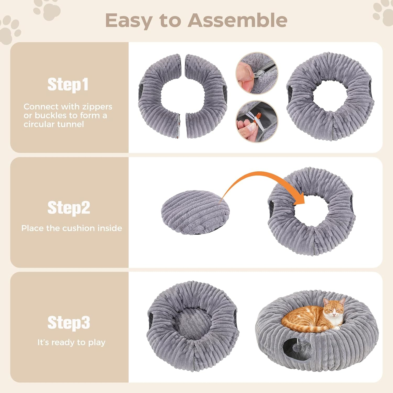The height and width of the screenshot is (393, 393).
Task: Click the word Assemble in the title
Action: coord(237,20)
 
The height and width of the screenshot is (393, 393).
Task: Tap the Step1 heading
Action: coord(68,84)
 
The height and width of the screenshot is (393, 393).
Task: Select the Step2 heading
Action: coord(69,208)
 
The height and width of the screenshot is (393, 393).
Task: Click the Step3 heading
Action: coord(69,322)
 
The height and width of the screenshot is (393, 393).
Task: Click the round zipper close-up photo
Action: coord(257,73)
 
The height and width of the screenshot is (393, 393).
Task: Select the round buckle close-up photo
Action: coord(257,121)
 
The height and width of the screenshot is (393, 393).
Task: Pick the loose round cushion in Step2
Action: coord(195,212)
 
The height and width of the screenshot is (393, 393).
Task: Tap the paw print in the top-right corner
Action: coord(383,13)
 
